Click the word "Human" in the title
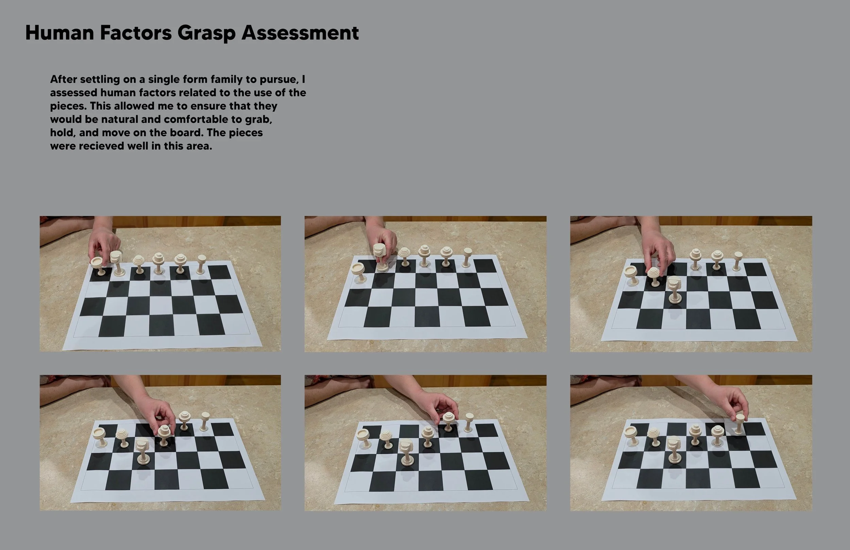[x=60, y=33]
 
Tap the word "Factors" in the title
[x=136, y=33]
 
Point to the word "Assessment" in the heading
[x=300, y=33]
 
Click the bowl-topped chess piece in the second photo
[x=358, y=273]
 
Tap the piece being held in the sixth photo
[x=739, y=424]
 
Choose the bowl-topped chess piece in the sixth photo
[x=631, y=436]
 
